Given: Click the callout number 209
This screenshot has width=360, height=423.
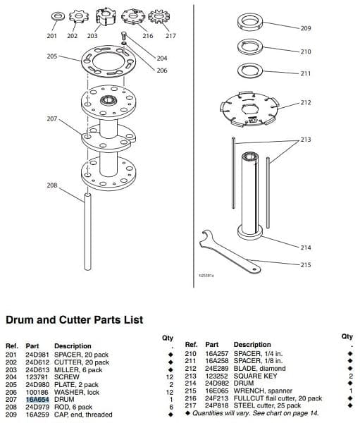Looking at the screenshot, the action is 306,28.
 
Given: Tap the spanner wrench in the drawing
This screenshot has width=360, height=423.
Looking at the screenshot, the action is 229,251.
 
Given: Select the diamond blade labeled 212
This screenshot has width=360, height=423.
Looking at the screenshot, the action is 249,109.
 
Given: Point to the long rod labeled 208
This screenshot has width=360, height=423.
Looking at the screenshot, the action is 87,231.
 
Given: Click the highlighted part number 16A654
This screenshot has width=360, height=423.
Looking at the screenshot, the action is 37,399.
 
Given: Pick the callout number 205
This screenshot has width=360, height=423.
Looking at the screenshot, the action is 52,56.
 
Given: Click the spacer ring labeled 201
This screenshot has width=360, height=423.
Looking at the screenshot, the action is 58,16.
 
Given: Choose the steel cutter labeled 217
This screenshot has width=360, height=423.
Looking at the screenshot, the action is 159,17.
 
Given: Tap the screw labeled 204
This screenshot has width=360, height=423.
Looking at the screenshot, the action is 124,36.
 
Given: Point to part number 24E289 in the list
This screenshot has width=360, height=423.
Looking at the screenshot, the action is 217,368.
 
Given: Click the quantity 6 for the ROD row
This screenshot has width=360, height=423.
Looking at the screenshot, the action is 171,407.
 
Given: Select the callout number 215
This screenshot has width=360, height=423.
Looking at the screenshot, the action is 306,264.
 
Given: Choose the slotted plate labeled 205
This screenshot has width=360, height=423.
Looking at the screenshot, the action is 108,61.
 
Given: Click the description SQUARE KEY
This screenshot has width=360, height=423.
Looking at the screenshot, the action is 255,376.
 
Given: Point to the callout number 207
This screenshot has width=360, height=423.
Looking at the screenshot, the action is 52,118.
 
